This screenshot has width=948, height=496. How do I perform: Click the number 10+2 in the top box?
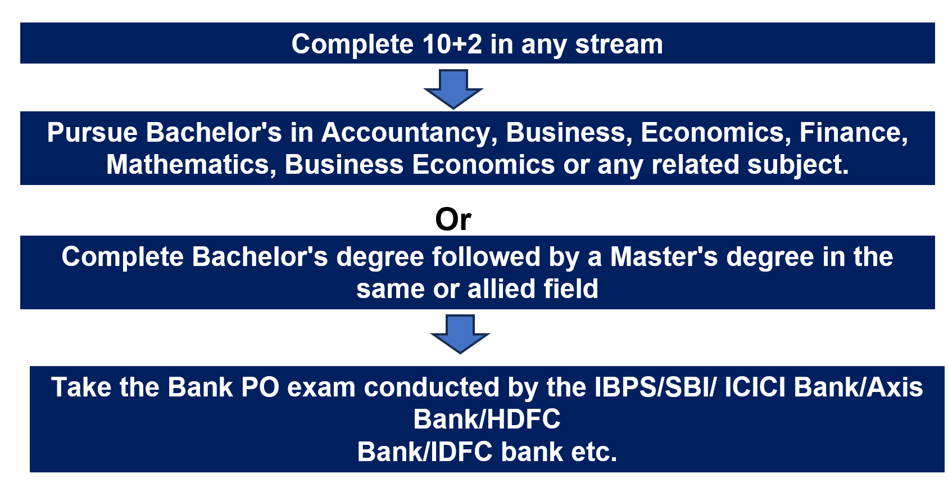452,44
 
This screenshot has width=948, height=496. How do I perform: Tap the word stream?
619,44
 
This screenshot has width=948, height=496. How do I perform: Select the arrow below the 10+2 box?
453,89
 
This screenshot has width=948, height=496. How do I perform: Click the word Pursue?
92,133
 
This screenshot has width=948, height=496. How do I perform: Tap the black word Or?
453,219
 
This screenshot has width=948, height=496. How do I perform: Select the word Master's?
664,256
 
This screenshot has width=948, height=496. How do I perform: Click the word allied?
501,289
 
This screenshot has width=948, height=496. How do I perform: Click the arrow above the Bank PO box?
460,334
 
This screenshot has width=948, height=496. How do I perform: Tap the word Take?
81,387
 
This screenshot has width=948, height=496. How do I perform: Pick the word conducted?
432,387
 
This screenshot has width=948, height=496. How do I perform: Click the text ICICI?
755,387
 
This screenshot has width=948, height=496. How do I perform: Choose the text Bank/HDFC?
487,420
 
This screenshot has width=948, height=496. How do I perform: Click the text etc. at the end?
594,452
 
